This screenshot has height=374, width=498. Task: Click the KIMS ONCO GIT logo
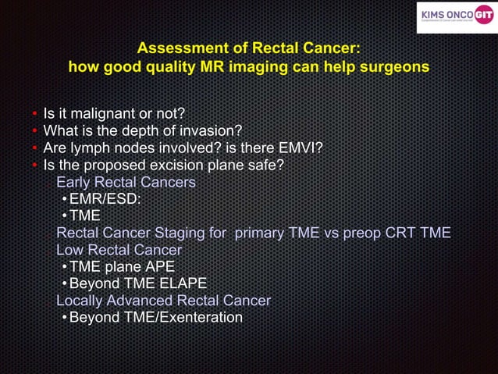(455, 16)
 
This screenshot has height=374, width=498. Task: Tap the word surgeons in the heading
(393, 67)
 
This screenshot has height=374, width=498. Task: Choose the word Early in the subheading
(75, 182)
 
